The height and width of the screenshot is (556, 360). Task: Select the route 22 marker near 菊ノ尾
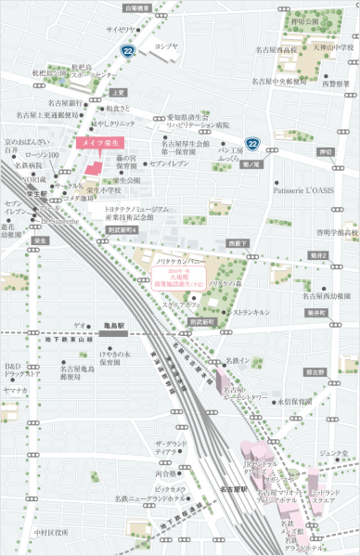[252, 143]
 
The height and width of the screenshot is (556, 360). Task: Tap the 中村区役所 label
[50, 533]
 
